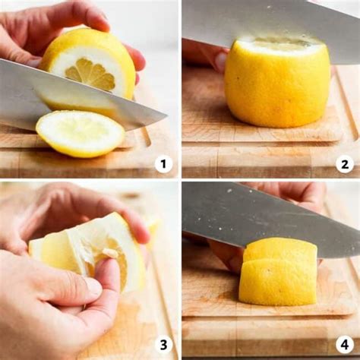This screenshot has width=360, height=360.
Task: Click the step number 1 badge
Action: (x=163, y=164)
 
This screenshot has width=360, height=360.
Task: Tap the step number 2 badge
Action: (x=345, y=164)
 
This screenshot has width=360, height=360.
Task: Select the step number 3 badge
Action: (x=163, y=345)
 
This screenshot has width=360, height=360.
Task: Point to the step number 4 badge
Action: (x=345, y=345)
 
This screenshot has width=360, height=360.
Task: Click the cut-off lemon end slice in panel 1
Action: (x=81, y=134)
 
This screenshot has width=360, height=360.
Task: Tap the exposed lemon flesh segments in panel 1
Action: (x=90, y=74)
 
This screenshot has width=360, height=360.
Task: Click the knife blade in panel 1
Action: (x=76, y=96)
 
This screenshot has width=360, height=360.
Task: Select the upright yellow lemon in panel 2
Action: (x=277, y=81)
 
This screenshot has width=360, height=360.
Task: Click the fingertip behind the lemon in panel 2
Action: (x=220, y=62)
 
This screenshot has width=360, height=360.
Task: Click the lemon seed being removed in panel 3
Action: (x=109, y=251)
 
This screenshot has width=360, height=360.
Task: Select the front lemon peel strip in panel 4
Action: (x=278, y=282)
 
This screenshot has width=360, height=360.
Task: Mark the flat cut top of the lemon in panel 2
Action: (x=279, y=42)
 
